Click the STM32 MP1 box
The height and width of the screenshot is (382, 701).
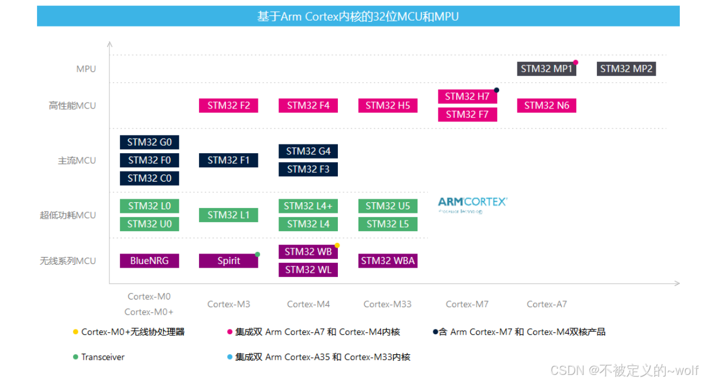pos(546,68)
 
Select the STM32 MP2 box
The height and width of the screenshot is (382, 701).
pos(626,68)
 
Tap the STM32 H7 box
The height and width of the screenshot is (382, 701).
pos(467,96)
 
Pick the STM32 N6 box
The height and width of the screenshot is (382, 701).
pos(547,106)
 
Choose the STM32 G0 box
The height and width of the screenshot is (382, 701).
pos(149,142)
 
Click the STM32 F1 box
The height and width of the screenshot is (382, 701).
pos(228,160)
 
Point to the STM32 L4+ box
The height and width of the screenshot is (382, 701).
pos(308,206)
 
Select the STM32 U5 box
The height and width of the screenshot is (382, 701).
pos(387,206)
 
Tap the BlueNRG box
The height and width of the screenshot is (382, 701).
pos(149,261)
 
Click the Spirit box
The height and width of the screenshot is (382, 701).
pos(228,261)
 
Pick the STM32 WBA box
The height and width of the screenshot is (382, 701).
pos(387,261)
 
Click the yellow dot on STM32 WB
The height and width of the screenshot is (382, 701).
pos(337,245)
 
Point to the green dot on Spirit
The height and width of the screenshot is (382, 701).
pos(257,255)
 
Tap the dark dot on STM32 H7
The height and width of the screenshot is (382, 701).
pos(497,90)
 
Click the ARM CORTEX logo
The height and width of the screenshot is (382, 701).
pos(472,204)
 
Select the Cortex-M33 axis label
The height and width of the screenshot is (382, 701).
pos(387,304)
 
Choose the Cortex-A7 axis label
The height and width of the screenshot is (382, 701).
pos(547,304)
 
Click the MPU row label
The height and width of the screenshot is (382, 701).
pos(86,69)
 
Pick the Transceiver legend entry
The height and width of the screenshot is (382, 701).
pos(102,357)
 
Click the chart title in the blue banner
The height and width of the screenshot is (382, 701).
pos(358,17)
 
